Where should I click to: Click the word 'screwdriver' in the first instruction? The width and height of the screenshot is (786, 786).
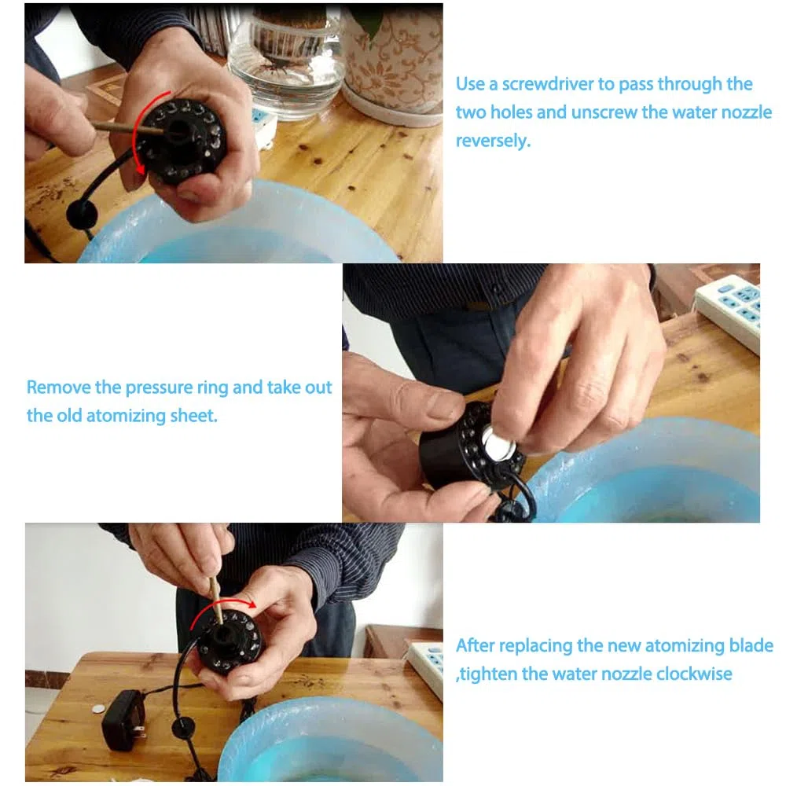[x=548, y=84]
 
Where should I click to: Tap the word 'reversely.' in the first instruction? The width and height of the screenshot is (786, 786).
[x=493, y=141]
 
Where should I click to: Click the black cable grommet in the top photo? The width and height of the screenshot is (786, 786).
[x=82, y=214]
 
